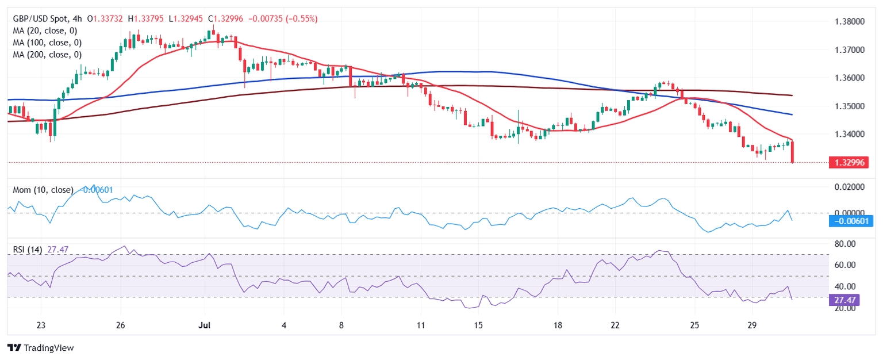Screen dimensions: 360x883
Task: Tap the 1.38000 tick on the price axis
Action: [850, 22]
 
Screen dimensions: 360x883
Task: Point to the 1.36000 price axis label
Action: [850, 78]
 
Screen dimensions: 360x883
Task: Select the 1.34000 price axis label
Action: [850, 135]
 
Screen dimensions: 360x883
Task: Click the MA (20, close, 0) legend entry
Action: [45, 31]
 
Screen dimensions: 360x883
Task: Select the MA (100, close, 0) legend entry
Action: [47, 43]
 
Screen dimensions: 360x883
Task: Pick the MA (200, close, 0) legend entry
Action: [47, 55]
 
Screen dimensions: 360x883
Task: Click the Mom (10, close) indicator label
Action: [43, 190]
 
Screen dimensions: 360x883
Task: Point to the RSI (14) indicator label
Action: [28, 250]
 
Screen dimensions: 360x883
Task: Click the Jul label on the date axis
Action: [204, 325]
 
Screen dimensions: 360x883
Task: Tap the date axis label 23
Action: [41, 325]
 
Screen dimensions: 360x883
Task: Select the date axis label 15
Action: [478, 325]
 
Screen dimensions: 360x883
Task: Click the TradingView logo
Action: [40, 348]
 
